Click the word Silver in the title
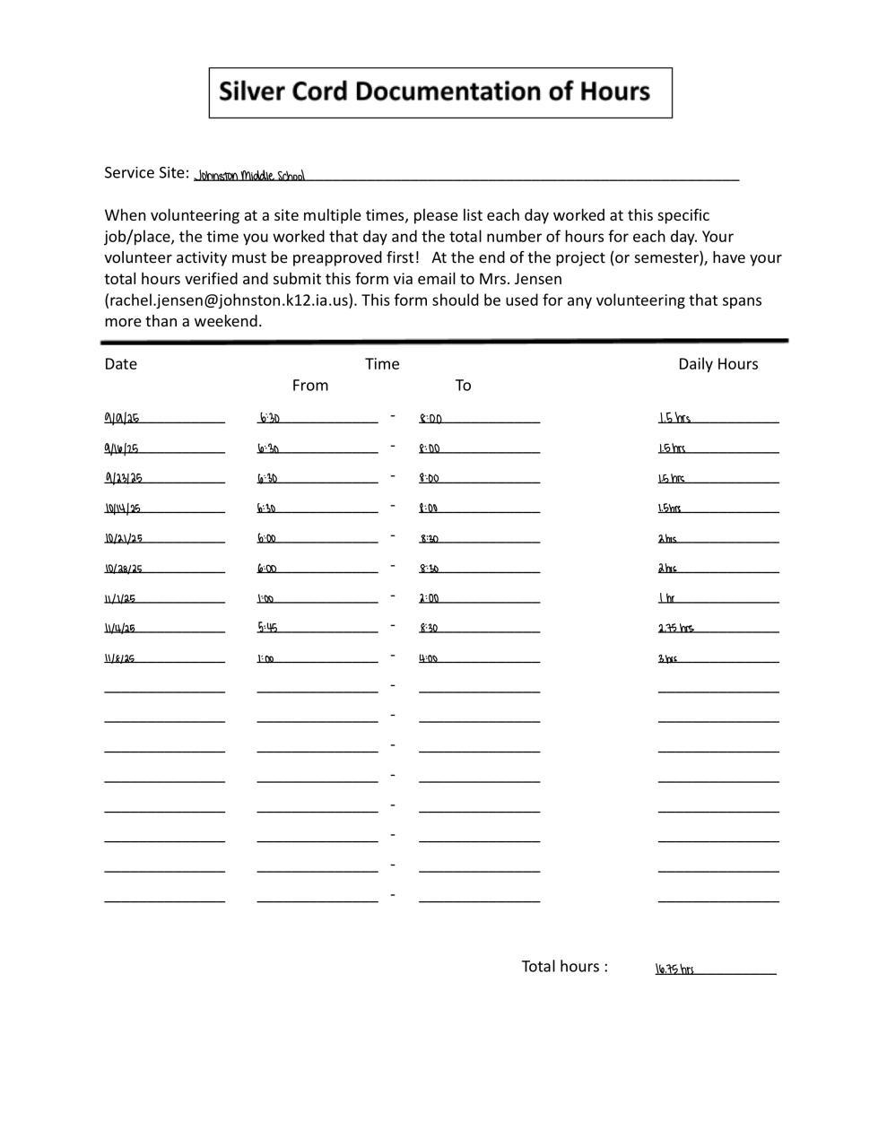251,91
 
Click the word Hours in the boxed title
614,91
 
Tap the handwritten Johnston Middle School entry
250,176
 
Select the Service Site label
146,172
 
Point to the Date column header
120,364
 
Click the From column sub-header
310,386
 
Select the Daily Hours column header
717,364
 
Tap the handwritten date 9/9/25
122,418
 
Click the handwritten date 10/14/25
123,509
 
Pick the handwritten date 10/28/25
124,569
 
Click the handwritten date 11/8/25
119,658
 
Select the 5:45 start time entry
267,628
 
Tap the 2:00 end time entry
430,598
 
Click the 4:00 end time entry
429,658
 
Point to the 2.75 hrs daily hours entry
676,628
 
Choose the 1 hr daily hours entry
666,598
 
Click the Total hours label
564,966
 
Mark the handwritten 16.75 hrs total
674,969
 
